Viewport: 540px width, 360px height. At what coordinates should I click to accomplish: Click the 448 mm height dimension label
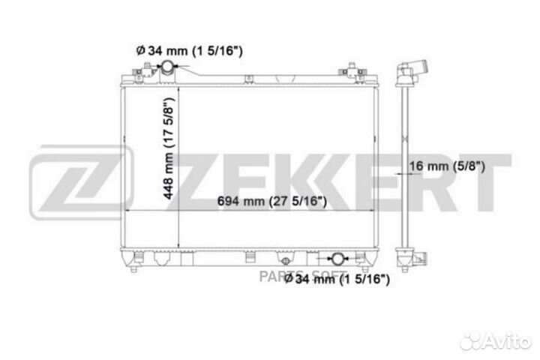tap(169, 148)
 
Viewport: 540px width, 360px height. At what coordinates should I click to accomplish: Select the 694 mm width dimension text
tap(272, 201)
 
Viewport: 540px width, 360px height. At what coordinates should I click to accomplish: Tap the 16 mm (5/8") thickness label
tap(447, 166)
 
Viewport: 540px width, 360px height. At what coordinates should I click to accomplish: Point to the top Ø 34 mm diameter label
tap(190, 51)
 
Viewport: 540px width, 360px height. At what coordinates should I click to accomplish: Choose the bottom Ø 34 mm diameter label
tap(337, 279)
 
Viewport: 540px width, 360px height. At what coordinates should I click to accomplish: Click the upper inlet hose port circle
tap(168, 66)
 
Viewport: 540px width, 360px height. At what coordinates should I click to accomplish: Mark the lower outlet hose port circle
tap(337, 259)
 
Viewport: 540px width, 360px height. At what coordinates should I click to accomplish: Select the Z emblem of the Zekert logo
tap(81, 182)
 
